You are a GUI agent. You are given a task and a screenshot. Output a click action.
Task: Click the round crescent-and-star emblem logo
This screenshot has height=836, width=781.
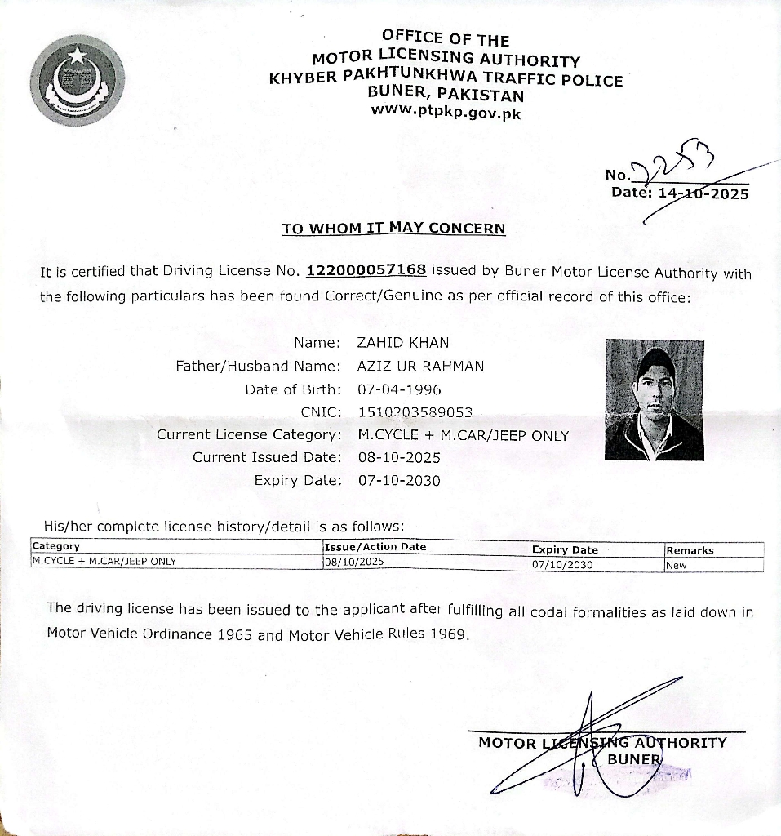coord(79,81)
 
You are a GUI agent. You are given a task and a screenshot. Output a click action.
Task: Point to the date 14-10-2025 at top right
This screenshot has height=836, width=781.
coord(703,194)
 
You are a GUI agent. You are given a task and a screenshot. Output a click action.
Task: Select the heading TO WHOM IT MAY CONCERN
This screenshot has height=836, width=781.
coord(393,229)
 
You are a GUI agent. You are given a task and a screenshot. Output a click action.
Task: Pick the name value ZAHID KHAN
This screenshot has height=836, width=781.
coord(403,343)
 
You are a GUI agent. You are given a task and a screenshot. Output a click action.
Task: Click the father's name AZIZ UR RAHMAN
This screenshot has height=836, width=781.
coord(420,367)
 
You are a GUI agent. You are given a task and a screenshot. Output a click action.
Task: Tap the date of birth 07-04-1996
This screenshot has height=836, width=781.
coord(399,389)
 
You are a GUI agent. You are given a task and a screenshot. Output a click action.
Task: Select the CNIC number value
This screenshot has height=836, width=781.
coord(415,412)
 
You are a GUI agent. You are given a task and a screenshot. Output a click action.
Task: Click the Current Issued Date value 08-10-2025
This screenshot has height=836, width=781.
coord(399,457)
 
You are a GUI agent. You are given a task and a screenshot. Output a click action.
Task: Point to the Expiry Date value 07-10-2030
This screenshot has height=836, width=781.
coord(399,481)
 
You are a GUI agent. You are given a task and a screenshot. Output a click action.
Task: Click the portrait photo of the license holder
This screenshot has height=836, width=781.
coord(654,400)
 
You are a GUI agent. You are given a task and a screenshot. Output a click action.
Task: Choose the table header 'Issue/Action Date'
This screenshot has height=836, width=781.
coord(375,547)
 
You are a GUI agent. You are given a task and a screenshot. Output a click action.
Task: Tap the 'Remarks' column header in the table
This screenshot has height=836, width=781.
coord(690,550)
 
